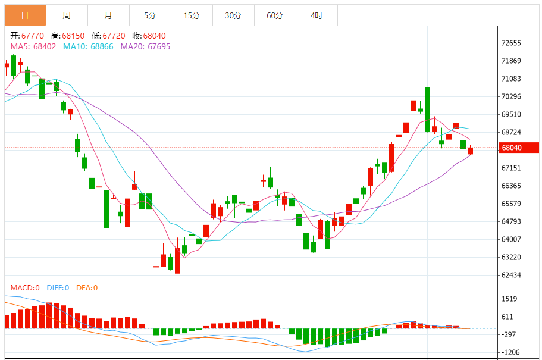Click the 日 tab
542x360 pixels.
point(25,15)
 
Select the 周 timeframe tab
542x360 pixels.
point(67,15)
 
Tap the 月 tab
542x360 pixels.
point(108,15)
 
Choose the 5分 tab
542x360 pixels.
point(150,15)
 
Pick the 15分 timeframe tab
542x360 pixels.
point(192,15)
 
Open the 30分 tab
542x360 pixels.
point(233,15)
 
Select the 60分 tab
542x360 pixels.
point(275,15)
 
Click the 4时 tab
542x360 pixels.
point(317,15)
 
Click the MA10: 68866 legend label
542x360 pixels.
point(87,46)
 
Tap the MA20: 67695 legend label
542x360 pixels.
point(145,46)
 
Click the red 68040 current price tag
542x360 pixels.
point(519,148)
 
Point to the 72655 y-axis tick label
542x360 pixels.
point(512,43)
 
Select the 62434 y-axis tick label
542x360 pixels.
point(512,275)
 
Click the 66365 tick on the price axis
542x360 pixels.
point(512,186)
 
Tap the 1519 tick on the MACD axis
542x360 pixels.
point(509,299)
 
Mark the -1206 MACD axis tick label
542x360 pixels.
point(510,352)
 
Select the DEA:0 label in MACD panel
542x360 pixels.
point(86,288)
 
